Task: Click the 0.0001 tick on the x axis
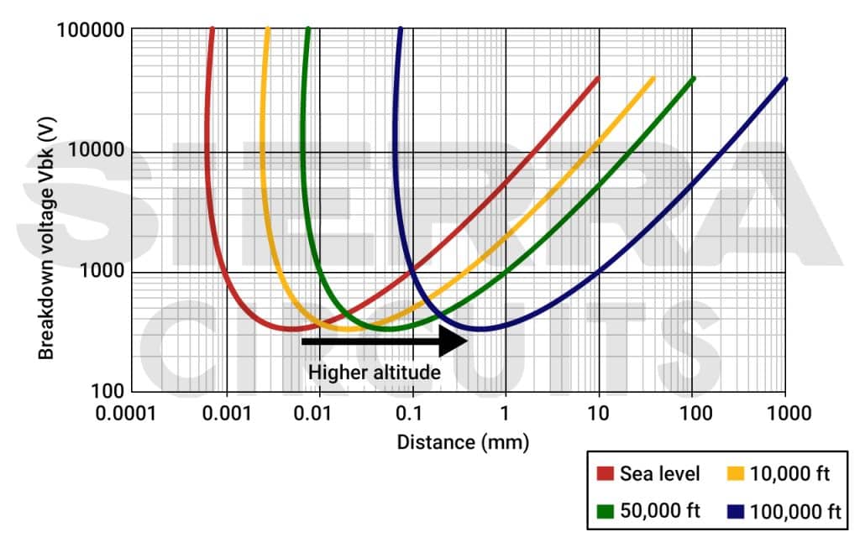click(x=134, y=413)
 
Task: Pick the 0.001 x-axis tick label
click(x=227, y=413)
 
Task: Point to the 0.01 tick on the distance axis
click(x=320, y=413)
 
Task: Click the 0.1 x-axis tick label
click(x=412, y=413)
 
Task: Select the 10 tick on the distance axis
click(x=598, y=413)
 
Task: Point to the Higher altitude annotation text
click(x=375, y=372)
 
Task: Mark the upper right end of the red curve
click(x=598, y=78)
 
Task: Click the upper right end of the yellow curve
click(x=653, y=78)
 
